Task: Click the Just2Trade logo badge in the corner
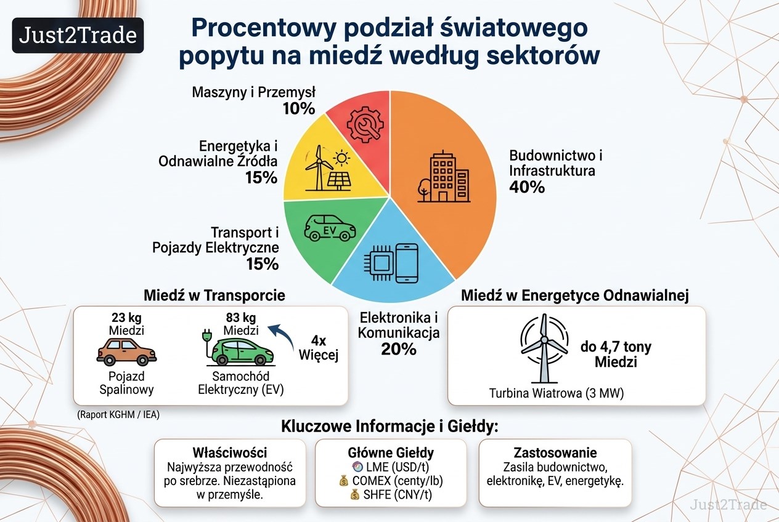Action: click(x=78, y=36)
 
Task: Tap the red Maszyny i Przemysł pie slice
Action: click(x=362, y=125)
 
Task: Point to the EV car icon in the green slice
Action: click(x=330, y=228)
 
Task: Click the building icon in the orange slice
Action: click(x=444, y=177)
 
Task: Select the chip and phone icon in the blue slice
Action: click(x=391, y=263)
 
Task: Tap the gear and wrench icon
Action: click(x=365, y=125)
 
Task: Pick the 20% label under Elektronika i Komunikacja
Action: click(x=399, y=349)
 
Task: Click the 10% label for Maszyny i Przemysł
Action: click(x=299, y=109)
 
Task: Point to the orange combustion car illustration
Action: click(x=126, y=352)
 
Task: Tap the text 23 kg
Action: click(x=126, y=318)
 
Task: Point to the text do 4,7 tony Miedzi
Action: click(x=616, y=354)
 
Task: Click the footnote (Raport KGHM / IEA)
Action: click(x=118, y=414)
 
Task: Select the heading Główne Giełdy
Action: click(x=391, y=453)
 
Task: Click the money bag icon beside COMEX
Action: click(x=343, y=481)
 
